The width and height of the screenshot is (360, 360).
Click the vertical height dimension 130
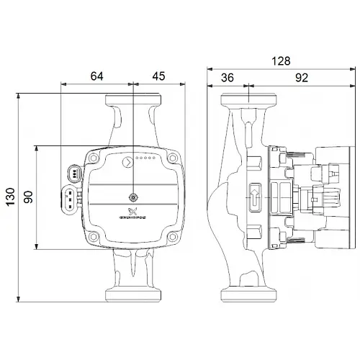[x=10, y=196]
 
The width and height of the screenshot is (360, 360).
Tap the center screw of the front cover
[x=133, y=197]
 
